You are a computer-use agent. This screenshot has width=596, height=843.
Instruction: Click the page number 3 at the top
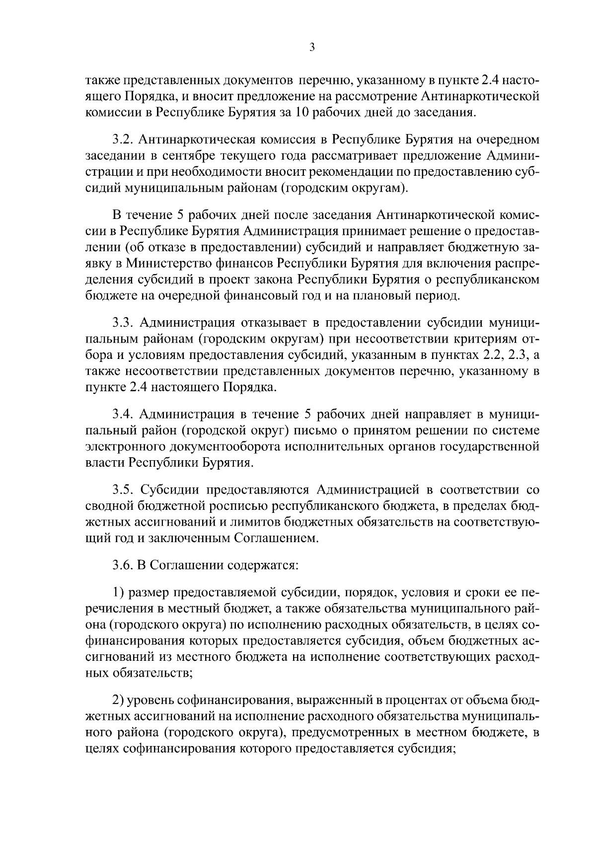coord(311,48)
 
